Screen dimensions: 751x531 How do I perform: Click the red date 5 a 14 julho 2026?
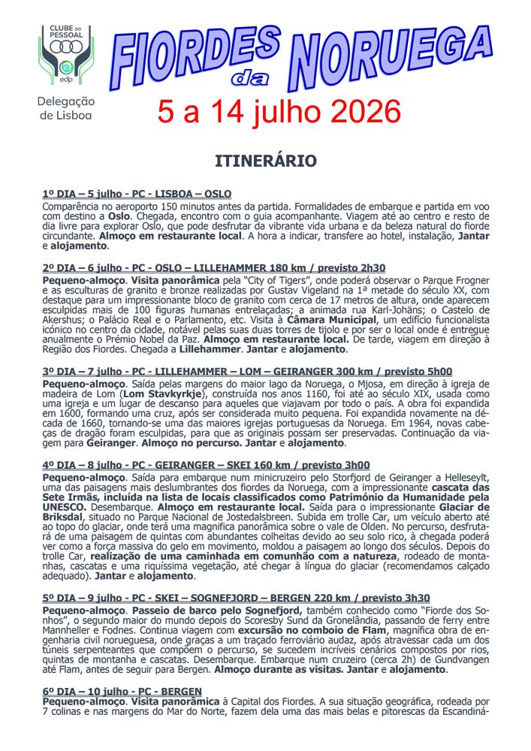[x=279, y=113]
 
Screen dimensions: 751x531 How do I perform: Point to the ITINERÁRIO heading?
[x=265, y=161]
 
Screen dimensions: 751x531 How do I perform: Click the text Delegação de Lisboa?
[x=66, y=107]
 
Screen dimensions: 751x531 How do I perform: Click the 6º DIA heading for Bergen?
[x=122, y=691]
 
